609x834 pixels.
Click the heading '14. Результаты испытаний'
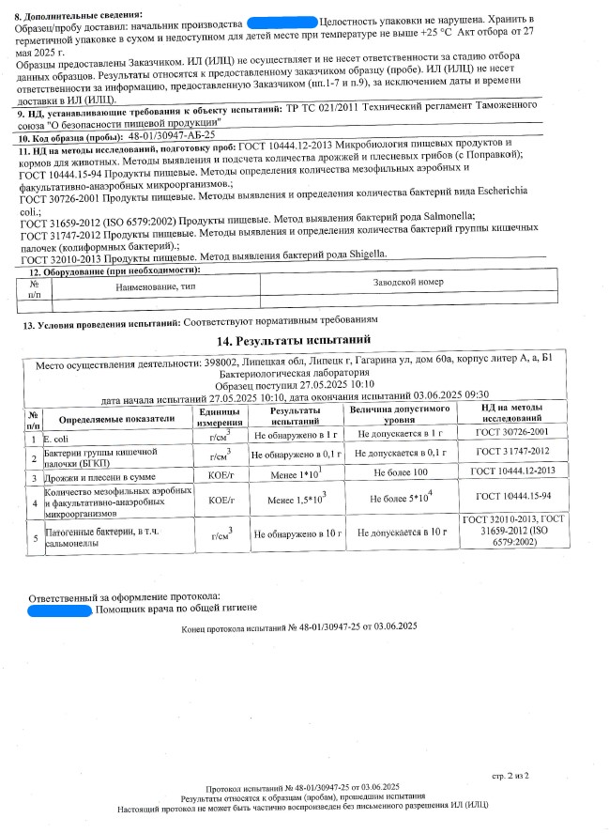[294, 340]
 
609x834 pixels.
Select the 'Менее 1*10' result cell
[294, 471]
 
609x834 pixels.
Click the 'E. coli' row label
[53, 438]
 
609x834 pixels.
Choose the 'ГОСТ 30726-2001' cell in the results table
[512, 435]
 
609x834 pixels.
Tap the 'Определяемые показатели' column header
[116, 419]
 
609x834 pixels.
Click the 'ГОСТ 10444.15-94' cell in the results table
[512, 496]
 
